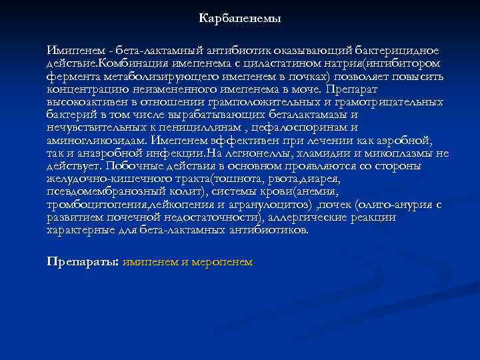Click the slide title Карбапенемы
click(x=239, y=19)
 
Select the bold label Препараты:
click(x=83, y=262)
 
